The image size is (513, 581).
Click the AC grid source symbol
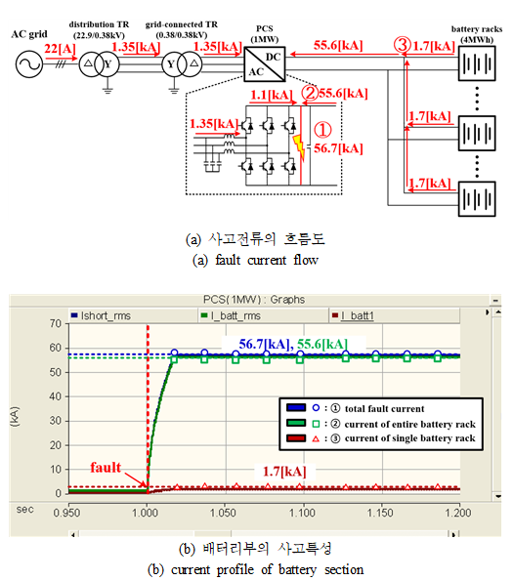[x=29, y=64]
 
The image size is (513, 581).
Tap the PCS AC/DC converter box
[x=264, y=63]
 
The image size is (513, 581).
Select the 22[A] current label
[x=60, y=49]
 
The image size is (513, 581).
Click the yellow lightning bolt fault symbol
[x=299, y=147]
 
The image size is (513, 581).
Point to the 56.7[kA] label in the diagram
[x=338, y=148]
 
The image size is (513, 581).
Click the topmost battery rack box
[x=477, y=63]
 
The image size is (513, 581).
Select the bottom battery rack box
[x=477, y=198]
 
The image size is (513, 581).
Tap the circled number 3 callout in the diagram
[x=403, y=46]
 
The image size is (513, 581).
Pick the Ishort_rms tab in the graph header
[x=102, y=315]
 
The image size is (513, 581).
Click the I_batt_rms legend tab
[x=231, y=315]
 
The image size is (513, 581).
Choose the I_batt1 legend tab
[x=354, y=315]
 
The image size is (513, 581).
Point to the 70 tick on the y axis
[x=56, y=323]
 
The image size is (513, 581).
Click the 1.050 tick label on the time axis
[x=223, y=513]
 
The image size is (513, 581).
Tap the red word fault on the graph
[x=106, y=468]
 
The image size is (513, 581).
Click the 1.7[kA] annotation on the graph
[x=284, y=472]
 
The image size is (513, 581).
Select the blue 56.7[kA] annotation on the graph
[x=264, y=344]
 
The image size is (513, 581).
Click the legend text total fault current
[x=384, y=409]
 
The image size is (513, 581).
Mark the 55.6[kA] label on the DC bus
[x=338, y=45]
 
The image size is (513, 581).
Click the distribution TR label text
[x=99, y=24]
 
